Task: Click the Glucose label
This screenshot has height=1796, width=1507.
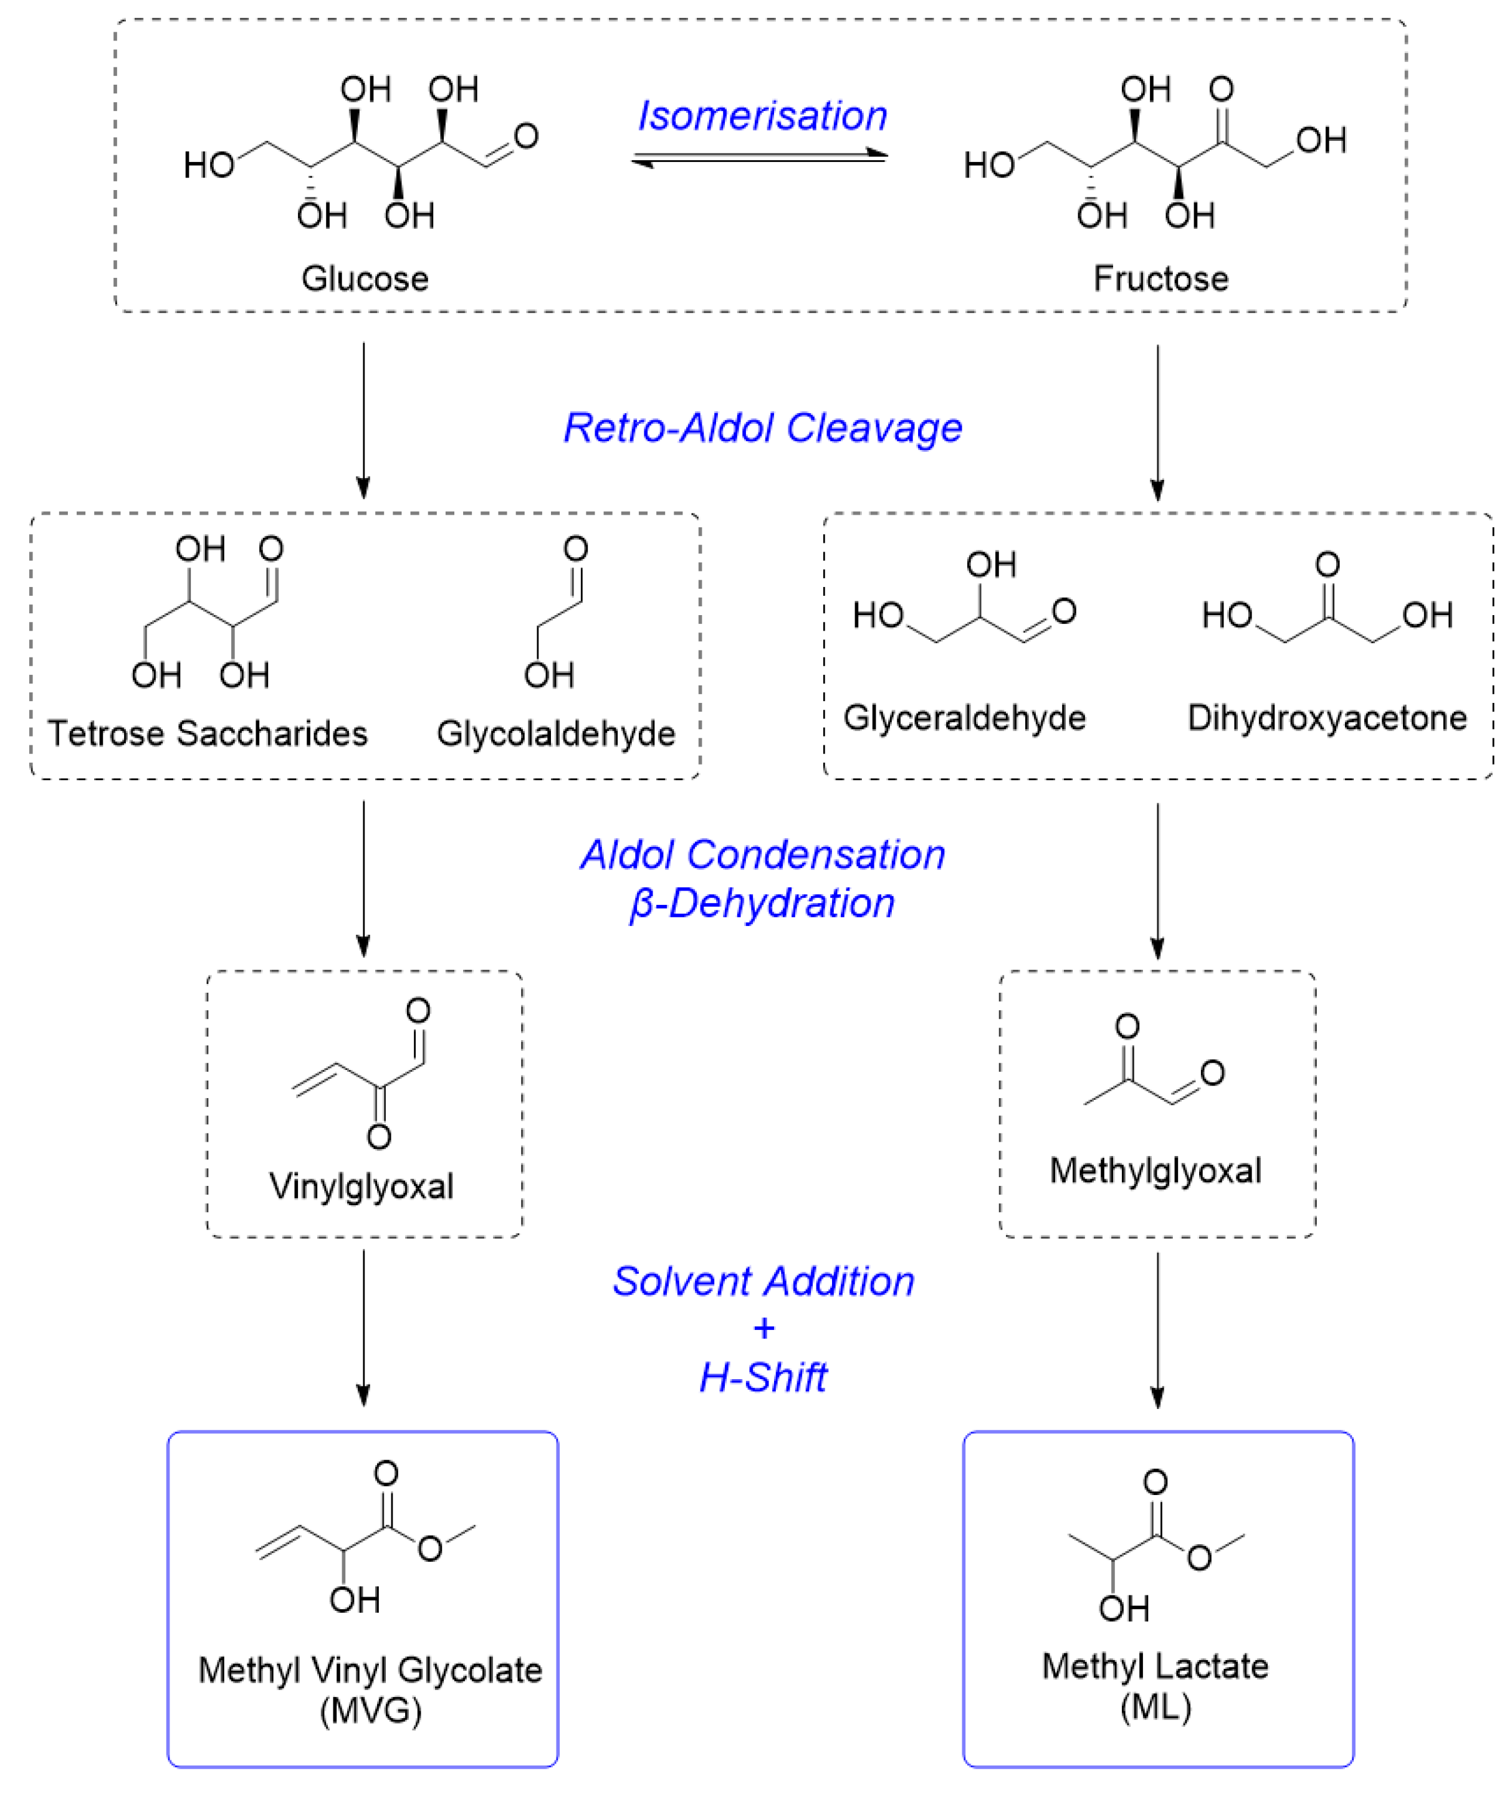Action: pos(365,279)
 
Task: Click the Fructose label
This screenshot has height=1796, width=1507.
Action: pos(1160,279)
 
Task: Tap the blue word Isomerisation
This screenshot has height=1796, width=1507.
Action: pos(762,117)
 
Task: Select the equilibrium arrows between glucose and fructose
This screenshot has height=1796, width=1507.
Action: pos(760,158)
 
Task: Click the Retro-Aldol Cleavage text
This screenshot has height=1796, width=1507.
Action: pos(762,428)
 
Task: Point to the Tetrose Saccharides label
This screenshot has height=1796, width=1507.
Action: pos(207,734)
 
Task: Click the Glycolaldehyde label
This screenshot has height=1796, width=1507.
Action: pos(556,734)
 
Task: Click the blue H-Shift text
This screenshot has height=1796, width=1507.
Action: pos(763,1378)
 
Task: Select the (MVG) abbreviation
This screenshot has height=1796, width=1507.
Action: pos(370,1711)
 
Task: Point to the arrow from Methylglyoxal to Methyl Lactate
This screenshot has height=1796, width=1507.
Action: pos(1157,1330)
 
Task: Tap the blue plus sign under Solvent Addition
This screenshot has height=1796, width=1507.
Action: pos(763,1328)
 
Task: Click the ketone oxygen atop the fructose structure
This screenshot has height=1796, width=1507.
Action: pos(1222,89)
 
